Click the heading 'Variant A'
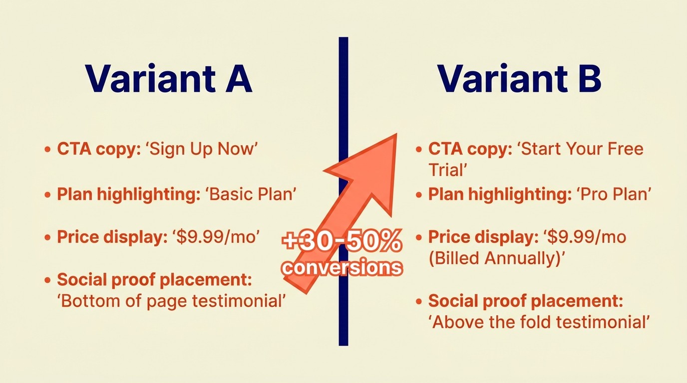tap(169, 79)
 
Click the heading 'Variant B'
tap(519, 79)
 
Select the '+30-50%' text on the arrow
tap(342, 242)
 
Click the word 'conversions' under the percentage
tap(342, 268)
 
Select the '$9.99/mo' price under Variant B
tap(586, 237)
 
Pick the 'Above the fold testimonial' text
tap(539, 322)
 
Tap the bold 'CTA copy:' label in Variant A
tap(99, 149)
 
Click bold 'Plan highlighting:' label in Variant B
tap(500, 194)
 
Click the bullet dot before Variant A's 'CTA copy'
tap(47, 149)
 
